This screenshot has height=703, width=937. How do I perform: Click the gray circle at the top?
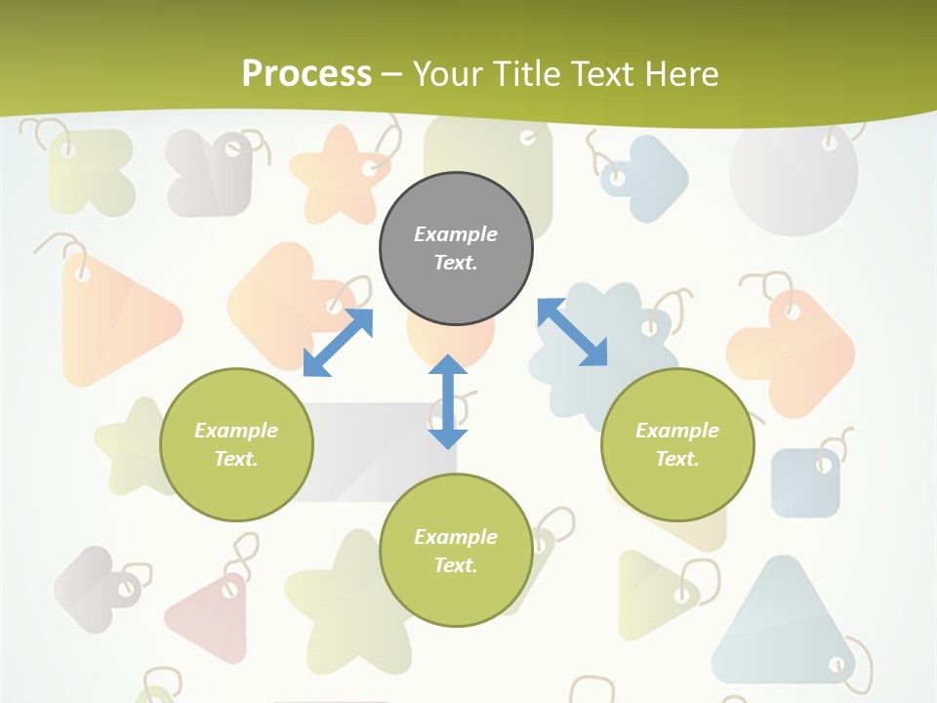(x=456, y=249)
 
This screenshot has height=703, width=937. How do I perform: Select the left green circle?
(x=236, y=444)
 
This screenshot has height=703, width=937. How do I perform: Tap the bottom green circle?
(x=456, y=551)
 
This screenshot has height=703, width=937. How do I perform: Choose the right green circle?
(x=677, y=444)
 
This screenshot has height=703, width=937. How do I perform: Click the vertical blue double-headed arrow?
(x=448, y=401)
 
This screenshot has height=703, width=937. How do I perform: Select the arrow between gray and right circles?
(x=572, y=332)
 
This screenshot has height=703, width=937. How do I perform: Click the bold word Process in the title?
(x=306, y=73)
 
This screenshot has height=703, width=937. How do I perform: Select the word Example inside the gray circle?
(x=456, y=234)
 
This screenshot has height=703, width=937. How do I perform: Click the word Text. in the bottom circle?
(x=456, y=565)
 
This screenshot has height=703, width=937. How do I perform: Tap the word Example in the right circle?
(x=677, y=431)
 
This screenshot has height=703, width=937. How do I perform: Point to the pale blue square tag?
(x=805, y=483)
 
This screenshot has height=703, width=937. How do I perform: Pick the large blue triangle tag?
(x=781, y=625)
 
